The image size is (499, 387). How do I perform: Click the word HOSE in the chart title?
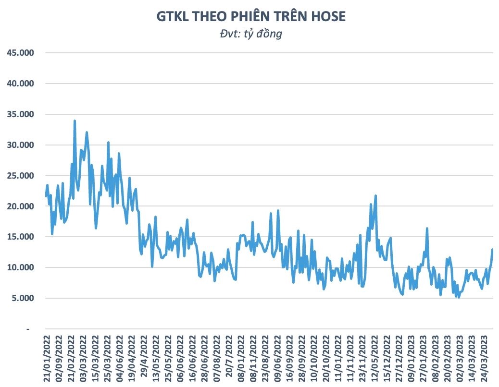pos(327,16)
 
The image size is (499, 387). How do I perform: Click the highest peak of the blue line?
pos(75,121)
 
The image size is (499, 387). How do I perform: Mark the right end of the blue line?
pos(492,249)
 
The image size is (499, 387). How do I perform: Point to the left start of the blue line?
pos(46,196)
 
